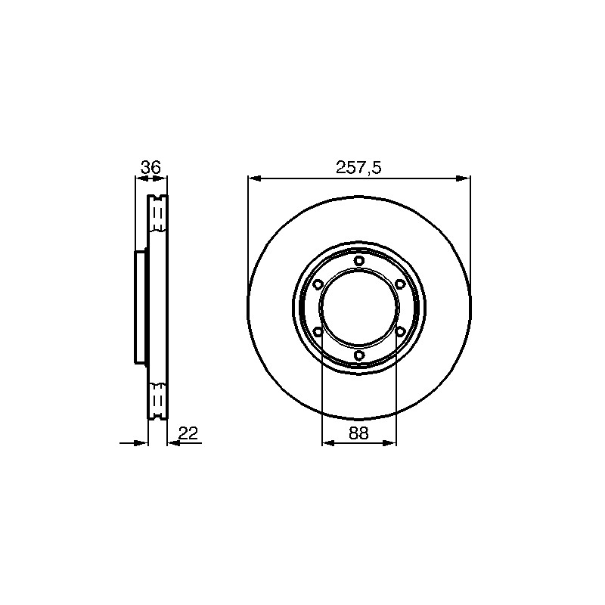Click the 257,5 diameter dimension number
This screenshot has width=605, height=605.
[x=358, y=168]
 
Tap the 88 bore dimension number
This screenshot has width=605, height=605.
[x=358, y=433]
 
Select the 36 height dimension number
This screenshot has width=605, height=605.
[x=150, y=167]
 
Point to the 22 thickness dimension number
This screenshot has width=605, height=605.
[x=188, y=433]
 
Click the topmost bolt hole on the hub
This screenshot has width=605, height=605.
[x=358, y=260]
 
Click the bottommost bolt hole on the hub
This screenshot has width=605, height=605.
[x=358, y=355]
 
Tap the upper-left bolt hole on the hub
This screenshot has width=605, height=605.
[x=318, y=284]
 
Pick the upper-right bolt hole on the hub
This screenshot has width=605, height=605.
[x=400, y=284]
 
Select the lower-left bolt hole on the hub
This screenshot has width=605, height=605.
[x=318, y=331]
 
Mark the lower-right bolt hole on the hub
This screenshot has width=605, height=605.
[x=400, y=331]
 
